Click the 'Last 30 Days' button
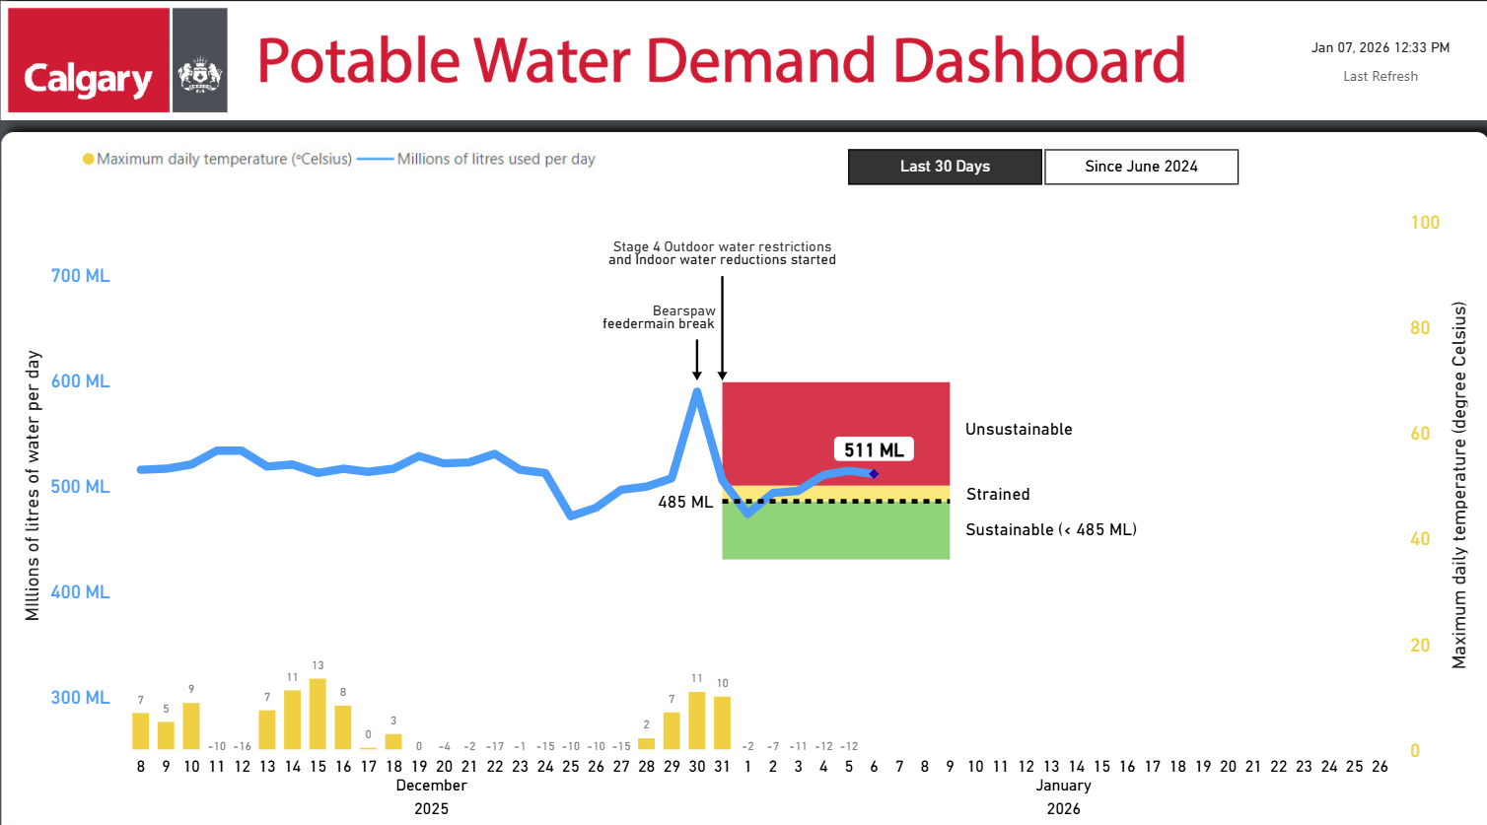(945, 167)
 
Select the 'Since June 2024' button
(1141, 167)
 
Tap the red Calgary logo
(89, 60)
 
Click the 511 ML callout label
(874, 450)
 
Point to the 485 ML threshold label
(685, 503)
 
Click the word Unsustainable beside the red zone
(1019, 430)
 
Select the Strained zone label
(998, 495)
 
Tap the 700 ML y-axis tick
(80, 276)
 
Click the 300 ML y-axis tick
(80, 698)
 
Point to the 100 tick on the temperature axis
(1425, 223)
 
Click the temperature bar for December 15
(318, 714)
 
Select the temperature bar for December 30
(697, 721)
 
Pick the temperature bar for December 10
(191, 725)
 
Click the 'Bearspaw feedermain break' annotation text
(660, 317)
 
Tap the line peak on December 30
(697, 391)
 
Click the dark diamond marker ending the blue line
(874, 474)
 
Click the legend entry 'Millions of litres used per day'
(495, 159)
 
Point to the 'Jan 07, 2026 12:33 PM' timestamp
(1380, 47)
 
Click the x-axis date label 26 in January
(1380, 767)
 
